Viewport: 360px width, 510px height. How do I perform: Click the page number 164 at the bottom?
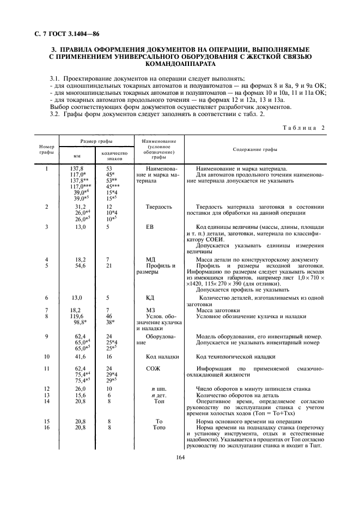[x=181, y=457]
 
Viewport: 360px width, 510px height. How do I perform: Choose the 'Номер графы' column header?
[x=46, y=149]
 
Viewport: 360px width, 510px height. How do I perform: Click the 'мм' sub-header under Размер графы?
[x=77, y=155]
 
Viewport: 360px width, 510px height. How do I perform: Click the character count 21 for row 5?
[x=109, y=265]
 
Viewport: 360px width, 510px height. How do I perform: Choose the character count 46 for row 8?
[x=109, y=316]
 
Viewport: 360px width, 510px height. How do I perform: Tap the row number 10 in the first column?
[x=47, y=356]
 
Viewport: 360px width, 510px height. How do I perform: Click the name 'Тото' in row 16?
[x=159, y=428]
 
